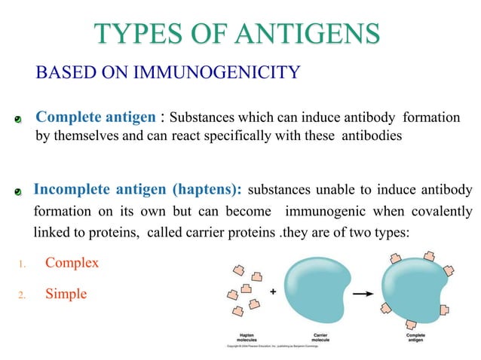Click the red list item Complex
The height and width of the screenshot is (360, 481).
coord(72,264)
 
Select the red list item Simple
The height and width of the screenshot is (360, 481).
coord(66,294)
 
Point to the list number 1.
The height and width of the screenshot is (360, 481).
coord(23,264)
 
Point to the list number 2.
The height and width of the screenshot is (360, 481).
coord(23,294)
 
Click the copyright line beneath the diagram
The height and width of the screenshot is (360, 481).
coord(274,346)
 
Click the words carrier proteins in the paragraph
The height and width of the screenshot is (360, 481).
coord(235,233)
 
